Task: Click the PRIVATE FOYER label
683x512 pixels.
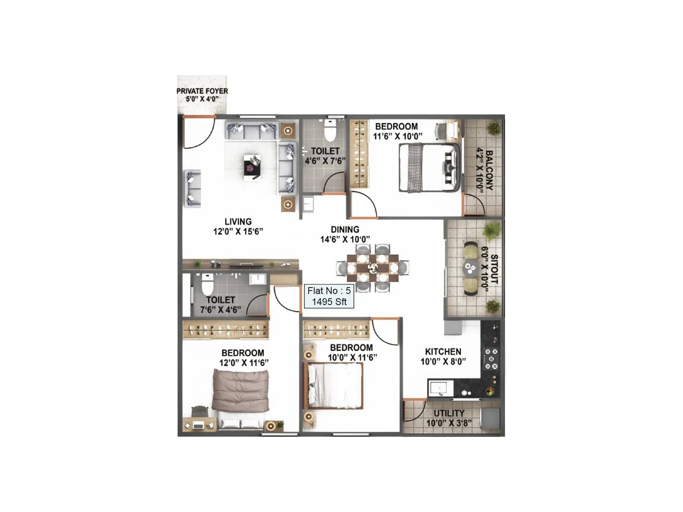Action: pyautogui.click(x=202, y=91)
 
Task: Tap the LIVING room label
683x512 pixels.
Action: pyautogui.click(x=238, y=221)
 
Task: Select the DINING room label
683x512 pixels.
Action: pyautogui.click(x=345, y=230)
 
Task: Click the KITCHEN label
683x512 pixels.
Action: pyautogui.click(x=443, y=352)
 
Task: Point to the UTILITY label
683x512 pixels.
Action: pyautogui.click(x=449, y=413)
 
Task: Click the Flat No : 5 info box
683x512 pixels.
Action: pyautogui.click(x=329, y=296)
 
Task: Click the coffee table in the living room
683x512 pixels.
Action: pyautogui.click(x=252, y=167)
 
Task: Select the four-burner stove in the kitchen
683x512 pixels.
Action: pyautogui.click(x=491, y=359)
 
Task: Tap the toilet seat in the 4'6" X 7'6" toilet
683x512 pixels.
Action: pyautogui.click(x=330, y=131)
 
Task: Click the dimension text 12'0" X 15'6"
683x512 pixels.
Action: pyautogui.click(x=238, y=232)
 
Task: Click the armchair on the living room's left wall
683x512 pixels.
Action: pyautogui.click(x=193, y=189)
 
